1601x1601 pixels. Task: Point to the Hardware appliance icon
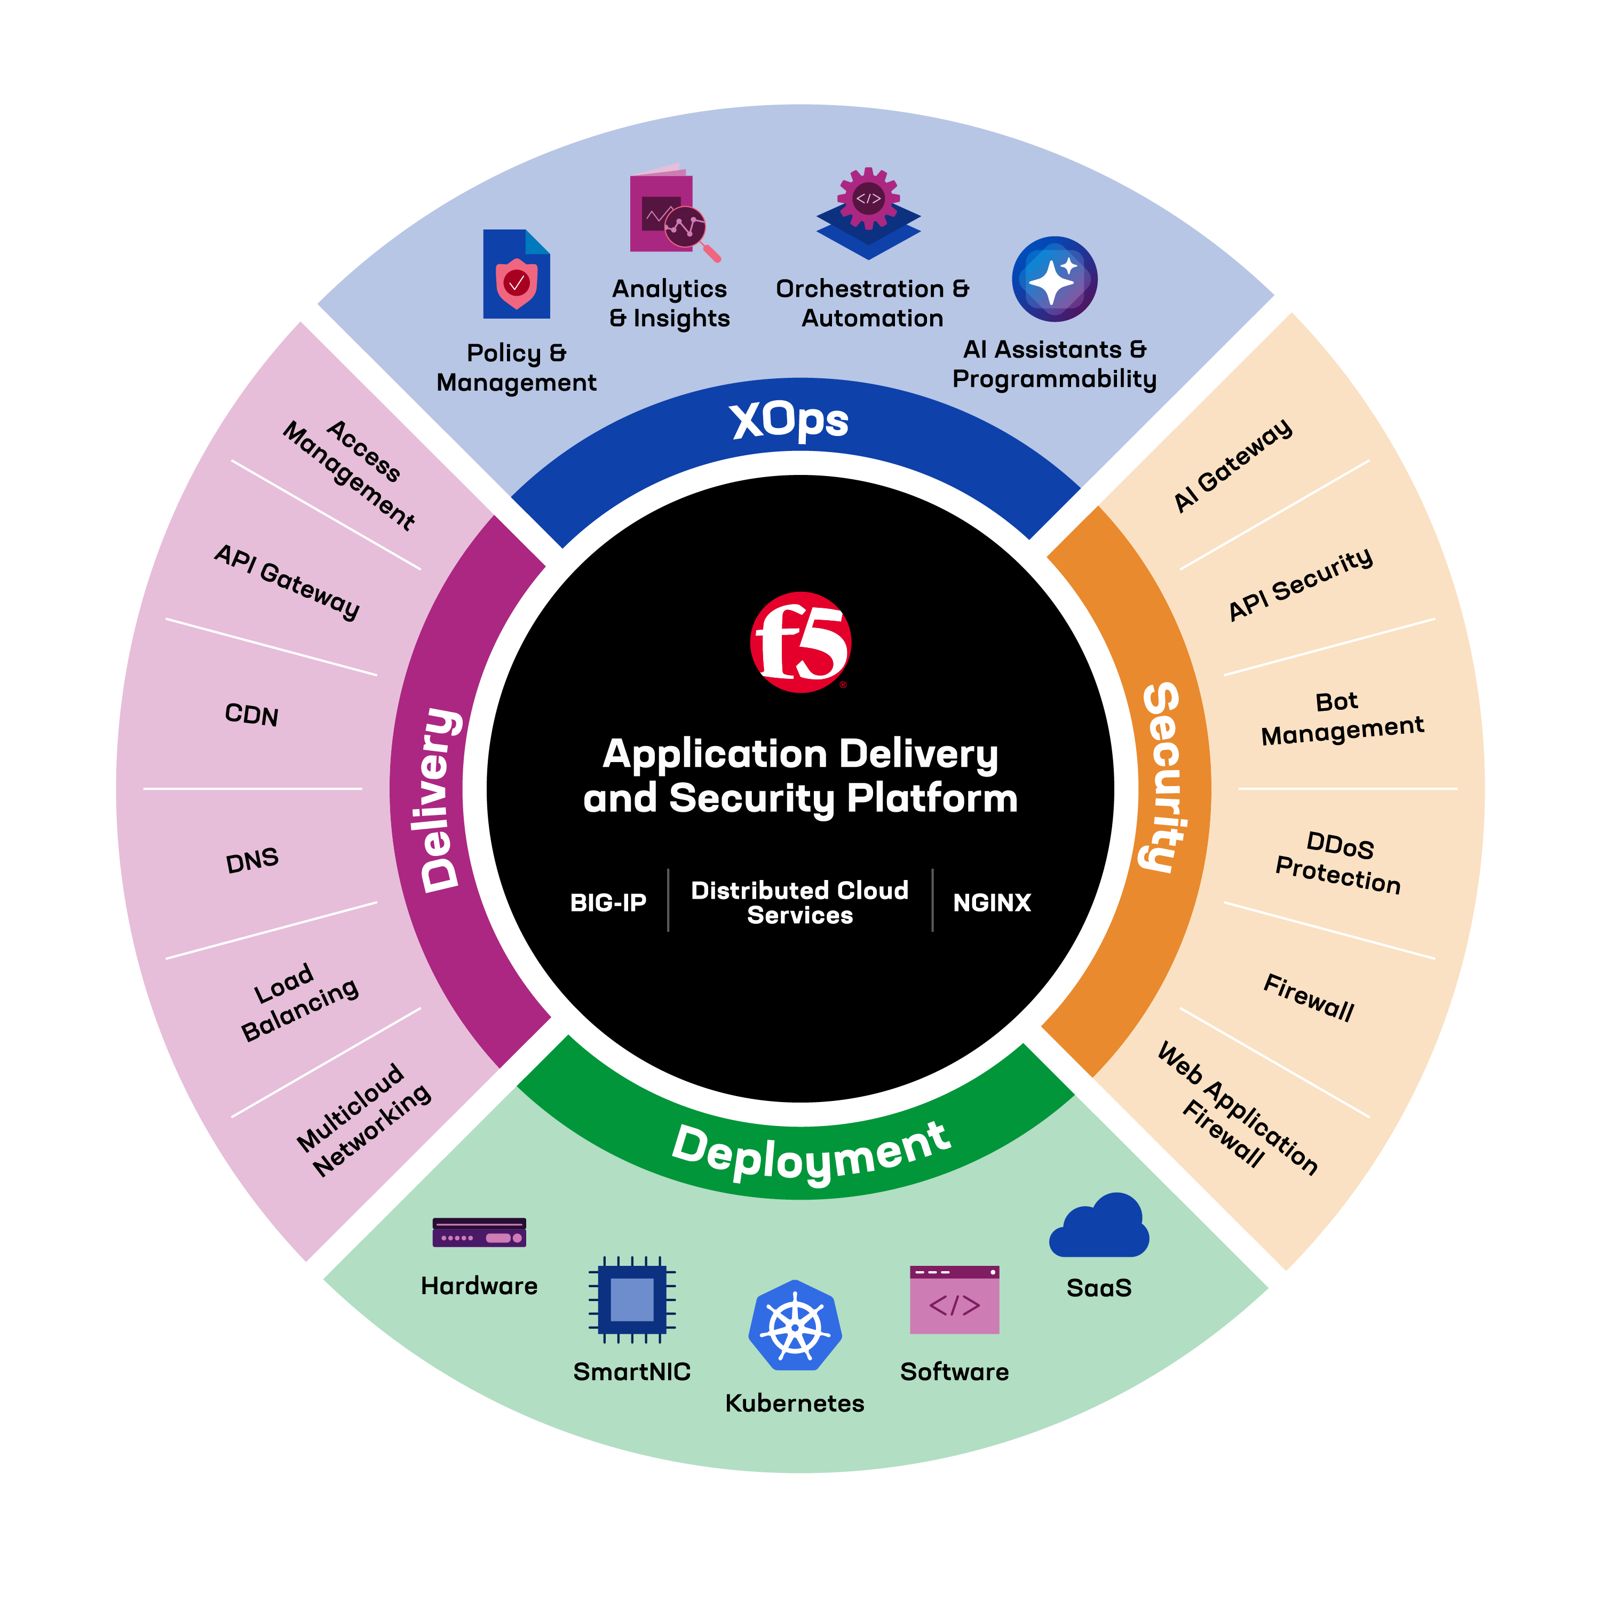tap(479, 1233)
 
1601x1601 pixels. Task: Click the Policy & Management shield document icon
tap(516, 274)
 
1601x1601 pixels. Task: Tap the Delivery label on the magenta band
tap(439, 799)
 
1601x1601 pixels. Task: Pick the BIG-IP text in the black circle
tap(608, 902)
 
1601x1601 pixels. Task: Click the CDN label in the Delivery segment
tap(252, 715)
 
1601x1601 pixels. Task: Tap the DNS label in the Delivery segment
tap(252, 861)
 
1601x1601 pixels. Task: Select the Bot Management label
tap(1341, 718)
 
